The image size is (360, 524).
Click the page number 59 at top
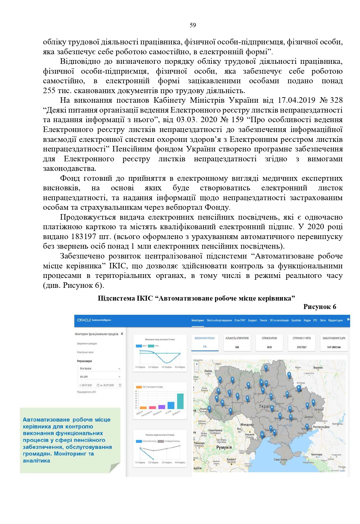click(x=193, y=25)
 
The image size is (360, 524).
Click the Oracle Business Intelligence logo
click(x=94, y=320)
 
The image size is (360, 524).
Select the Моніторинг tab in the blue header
click(x=198, y=320)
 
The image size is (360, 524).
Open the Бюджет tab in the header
click(x=253, y=320)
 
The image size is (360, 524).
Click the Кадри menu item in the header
click(x=307, y=320)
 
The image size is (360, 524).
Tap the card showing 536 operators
click(x=237, y=343)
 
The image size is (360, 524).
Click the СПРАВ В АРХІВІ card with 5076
click(x=269, y=343)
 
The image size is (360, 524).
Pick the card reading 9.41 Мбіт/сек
click(x=334, y=343)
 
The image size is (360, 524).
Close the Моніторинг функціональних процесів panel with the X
click(x=122, y=334)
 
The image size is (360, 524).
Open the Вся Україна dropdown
click(x=100, y=368)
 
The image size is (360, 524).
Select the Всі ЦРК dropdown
click(x=100, y=377)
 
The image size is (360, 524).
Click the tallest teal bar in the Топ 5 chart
click(x=180, y=401)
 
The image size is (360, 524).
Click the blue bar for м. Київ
click(x=171, y=405)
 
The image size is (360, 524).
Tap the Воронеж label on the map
click(x=318, y=368)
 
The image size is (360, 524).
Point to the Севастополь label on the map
click(x=280, y=460)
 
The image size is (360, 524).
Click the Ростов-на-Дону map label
click(x=321, y=427)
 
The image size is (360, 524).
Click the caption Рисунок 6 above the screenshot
click(x=320, y=307)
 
